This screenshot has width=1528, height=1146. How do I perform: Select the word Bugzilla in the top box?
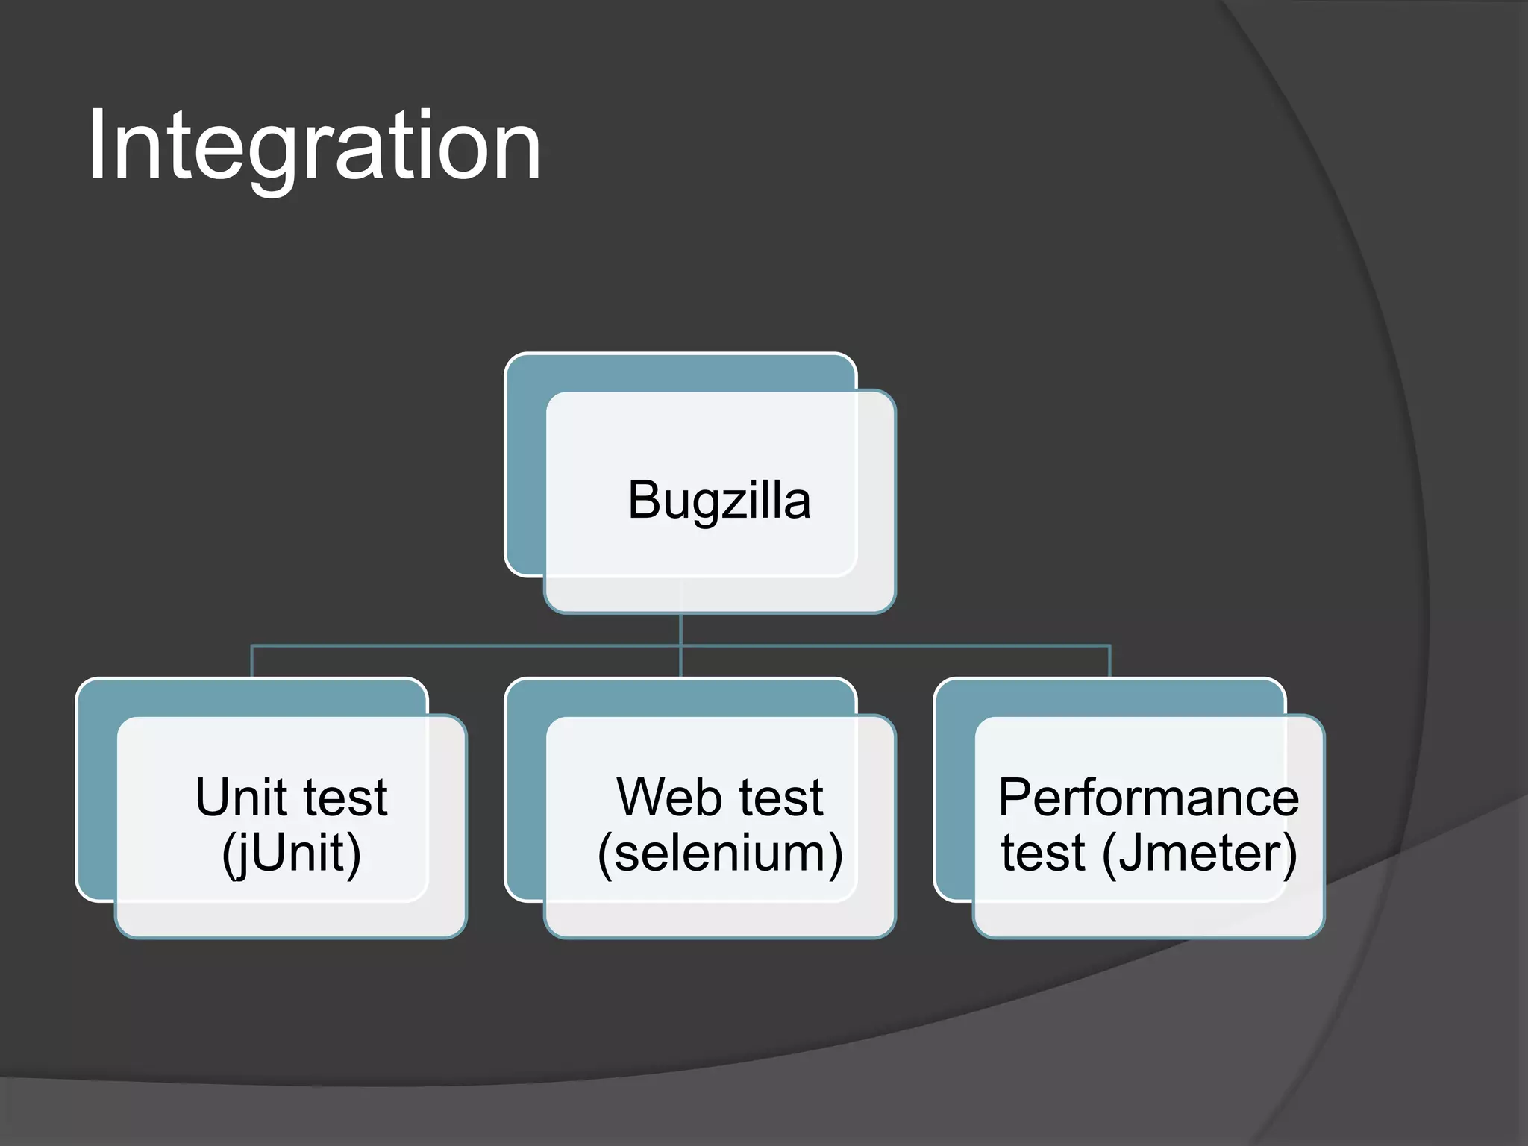click(718, 500)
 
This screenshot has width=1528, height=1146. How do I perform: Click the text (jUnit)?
click(291, 853)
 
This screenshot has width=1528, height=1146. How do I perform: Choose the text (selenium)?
click(720, 853)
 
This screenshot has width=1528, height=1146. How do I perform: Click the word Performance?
click(1148, 798)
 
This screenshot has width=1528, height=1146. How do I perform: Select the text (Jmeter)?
click(1199, 853)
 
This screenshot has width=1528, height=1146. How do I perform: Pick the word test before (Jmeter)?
click(1042, 853)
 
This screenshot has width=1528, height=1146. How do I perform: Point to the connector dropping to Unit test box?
click(252, 661)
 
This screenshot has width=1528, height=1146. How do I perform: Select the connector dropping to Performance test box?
click(1110, 661)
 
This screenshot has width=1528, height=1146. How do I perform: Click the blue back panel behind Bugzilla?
click(525, 463)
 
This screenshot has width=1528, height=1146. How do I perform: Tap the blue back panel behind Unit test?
click(96, 791)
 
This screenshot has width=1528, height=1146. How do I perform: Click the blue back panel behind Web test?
click(525, 791)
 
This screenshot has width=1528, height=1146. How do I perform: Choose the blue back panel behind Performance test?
click(954, 791)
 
